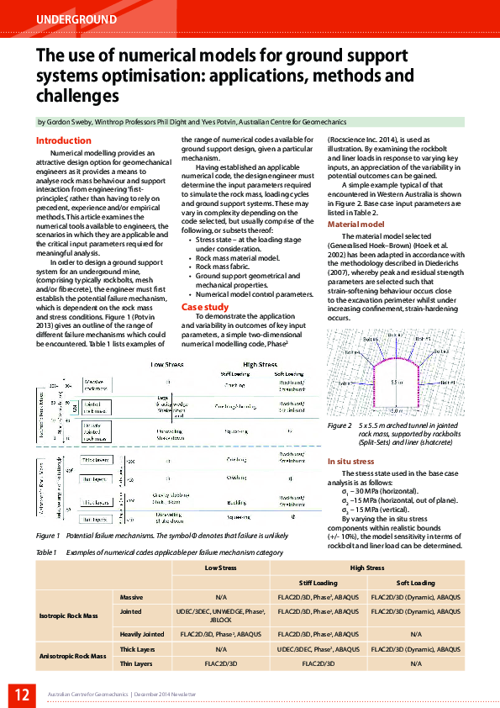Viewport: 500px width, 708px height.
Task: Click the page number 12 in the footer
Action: [19, 694]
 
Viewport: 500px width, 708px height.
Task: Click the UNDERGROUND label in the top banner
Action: [76, 18]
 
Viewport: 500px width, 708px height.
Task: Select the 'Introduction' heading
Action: [64, 140]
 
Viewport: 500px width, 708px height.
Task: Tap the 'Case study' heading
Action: [205, 307]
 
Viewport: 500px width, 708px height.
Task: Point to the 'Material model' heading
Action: [355, 225]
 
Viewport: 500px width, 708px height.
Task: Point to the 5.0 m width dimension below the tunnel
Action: [394, 411]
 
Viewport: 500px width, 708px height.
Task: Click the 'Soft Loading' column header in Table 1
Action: [415, 583]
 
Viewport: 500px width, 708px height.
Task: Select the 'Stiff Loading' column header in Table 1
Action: [318, 583]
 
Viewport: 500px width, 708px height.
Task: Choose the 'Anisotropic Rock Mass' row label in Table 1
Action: [74, 655]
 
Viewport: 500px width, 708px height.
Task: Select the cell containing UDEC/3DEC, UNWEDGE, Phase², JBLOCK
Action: [221, 615]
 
